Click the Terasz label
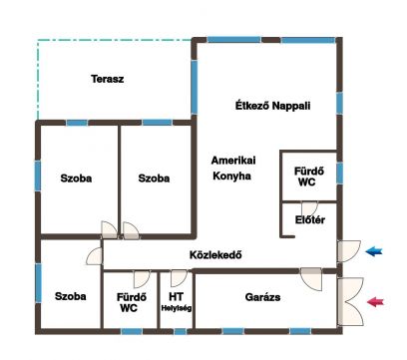pos(108,79)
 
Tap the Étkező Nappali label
pos(272,106)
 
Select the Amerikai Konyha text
pos(233,169)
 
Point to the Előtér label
pos(310,220)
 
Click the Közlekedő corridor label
pos(215,255)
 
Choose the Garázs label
pos(262,297)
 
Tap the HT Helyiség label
pos(177,302)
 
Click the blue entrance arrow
pos(374,251)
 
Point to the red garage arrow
pos(375,302)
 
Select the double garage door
pos(350,302)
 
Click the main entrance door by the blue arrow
pos(349,251)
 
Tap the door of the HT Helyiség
pos(179,278)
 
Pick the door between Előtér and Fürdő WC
pos(309,208)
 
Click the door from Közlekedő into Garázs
pos(311,278)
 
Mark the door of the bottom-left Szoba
pos(95,256)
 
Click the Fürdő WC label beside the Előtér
pos(308,177)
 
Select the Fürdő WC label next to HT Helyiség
pos(131,302)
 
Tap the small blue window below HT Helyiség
pos(181,331)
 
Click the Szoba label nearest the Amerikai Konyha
pos(154,179)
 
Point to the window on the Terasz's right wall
pos(194,87)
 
